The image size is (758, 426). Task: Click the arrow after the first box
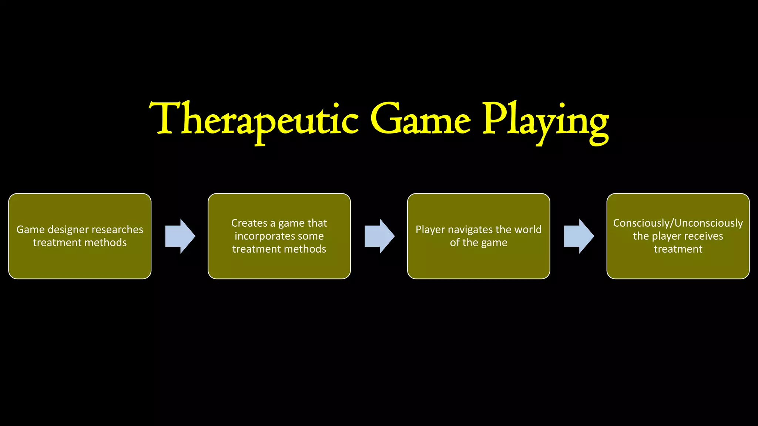180,236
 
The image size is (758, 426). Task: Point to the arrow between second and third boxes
380,236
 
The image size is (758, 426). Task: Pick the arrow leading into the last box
579,236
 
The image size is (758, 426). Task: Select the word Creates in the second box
249,223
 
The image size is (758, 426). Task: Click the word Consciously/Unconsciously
678,223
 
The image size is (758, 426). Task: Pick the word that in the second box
317,223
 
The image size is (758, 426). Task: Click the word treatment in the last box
678,249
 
